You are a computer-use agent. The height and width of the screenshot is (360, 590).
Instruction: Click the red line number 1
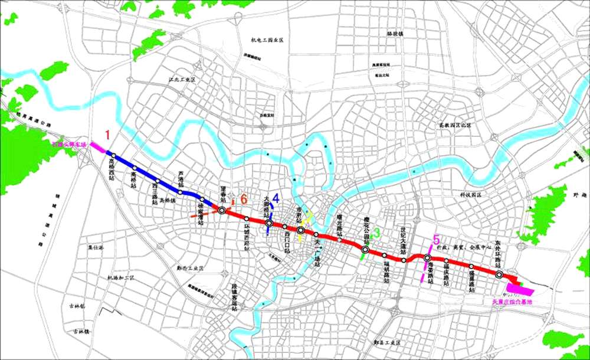pyautogui.click(x=107, y=135)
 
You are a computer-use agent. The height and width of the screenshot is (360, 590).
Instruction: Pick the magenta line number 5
pyautogui.click(x=436, y=240)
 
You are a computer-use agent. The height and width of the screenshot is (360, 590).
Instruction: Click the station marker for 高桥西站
pyautogui.click(x=113, y=157)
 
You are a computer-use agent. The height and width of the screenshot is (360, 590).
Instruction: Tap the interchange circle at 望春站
pyautogui.click(x=222, y=209)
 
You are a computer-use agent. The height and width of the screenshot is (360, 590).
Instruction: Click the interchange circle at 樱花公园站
pyautogui.click(x=365, y=250)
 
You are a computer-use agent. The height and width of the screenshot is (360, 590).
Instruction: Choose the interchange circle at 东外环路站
pyautogui.click(x=499, y=274)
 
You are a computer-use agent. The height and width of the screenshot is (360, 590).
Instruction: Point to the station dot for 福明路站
pyautogui.click(x=384, y=255)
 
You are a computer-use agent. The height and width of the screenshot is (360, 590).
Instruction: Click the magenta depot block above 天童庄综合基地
pyautogui.click(x=519, y=290)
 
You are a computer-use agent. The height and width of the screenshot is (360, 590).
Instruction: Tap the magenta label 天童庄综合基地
pyautogui.click(x=512, y=302)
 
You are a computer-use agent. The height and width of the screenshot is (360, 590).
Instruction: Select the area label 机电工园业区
pyautogui.click(x=267, y=40)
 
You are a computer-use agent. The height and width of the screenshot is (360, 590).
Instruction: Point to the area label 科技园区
pyautogui.click(x=470, y=194)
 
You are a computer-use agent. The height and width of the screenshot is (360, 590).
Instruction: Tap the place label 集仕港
pyautogui.click(x=95, y=248)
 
